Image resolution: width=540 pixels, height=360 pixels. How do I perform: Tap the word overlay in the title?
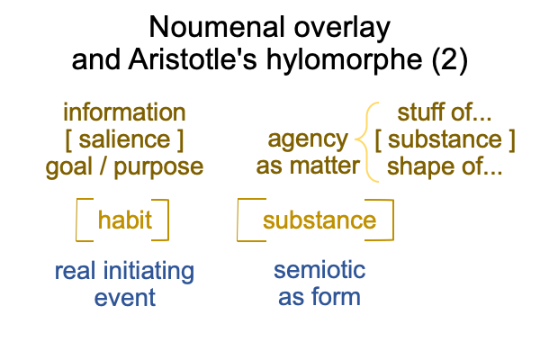(342, 29)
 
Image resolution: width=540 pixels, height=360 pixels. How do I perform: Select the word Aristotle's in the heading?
(193, 59)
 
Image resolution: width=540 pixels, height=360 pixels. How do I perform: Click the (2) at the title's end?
(450, 60)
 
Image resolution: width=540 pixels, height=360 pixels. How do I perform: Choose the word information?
(124, 112)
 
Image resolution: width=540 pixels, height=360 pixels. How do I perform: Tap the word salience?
(124, 139)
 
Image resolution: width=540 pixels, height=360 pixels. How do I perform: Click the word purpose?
(158, 168)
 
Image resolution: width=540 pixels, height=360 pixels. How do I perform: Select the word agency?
(308, 140)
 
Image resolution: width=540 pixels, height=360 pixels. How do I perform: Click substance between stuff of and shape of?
(445, 139)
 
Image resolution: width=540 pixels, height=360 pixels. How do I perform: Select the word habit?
(125, 220)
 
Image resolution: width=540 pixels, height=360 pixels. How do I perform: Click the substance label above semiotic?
(319, 220)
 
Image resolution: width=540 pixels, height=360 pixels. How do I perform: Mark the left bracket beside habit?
(76, 220)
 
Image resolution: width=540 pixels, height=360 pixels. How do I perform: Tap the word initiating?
(148, 271)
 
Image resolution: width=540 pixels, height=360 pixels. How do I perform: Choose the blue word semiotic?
(319, 270)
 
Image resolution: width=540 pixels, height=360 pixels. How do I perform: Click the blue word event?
(125, 298)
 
